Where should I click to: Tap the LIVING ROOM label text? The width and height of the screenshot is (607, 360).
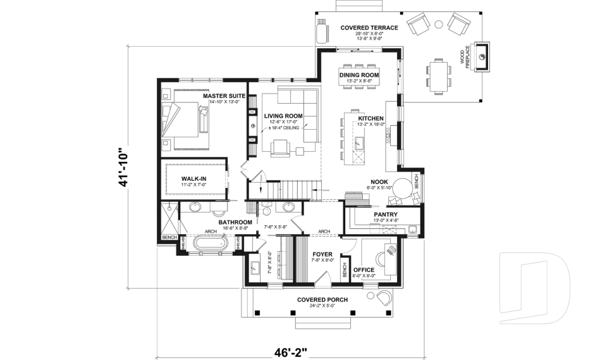coord(283,116)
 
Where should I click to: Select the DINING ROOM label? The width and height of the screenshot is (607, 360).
coord(359,75)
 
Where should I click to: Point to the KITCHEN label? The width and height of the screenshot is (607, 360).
coord(371,118)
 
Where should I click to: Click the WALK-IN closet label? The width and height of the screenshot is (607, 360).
coord(194,178)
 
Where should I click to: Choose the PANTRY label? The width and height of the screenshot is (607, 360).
coord(385,214)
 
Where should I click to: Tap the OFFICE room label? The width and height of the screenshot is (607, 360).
coord(364,270)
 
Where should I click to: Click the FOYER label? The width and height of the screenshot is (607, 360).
coord(322,254)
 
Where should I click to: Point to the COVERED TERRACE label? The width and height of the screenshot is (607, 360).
coord(369,28)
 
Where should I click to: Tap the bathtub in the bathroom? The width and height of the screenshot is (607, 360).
coord(208,243)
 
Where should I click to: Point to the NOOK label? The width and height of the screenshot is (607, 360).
coord(379,181)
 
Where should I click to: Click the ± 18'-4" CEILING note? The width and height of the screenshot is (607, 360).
coord(283,128)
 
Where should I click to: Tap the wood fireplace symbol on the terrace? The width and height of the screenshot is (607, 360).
coord(482,58)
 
